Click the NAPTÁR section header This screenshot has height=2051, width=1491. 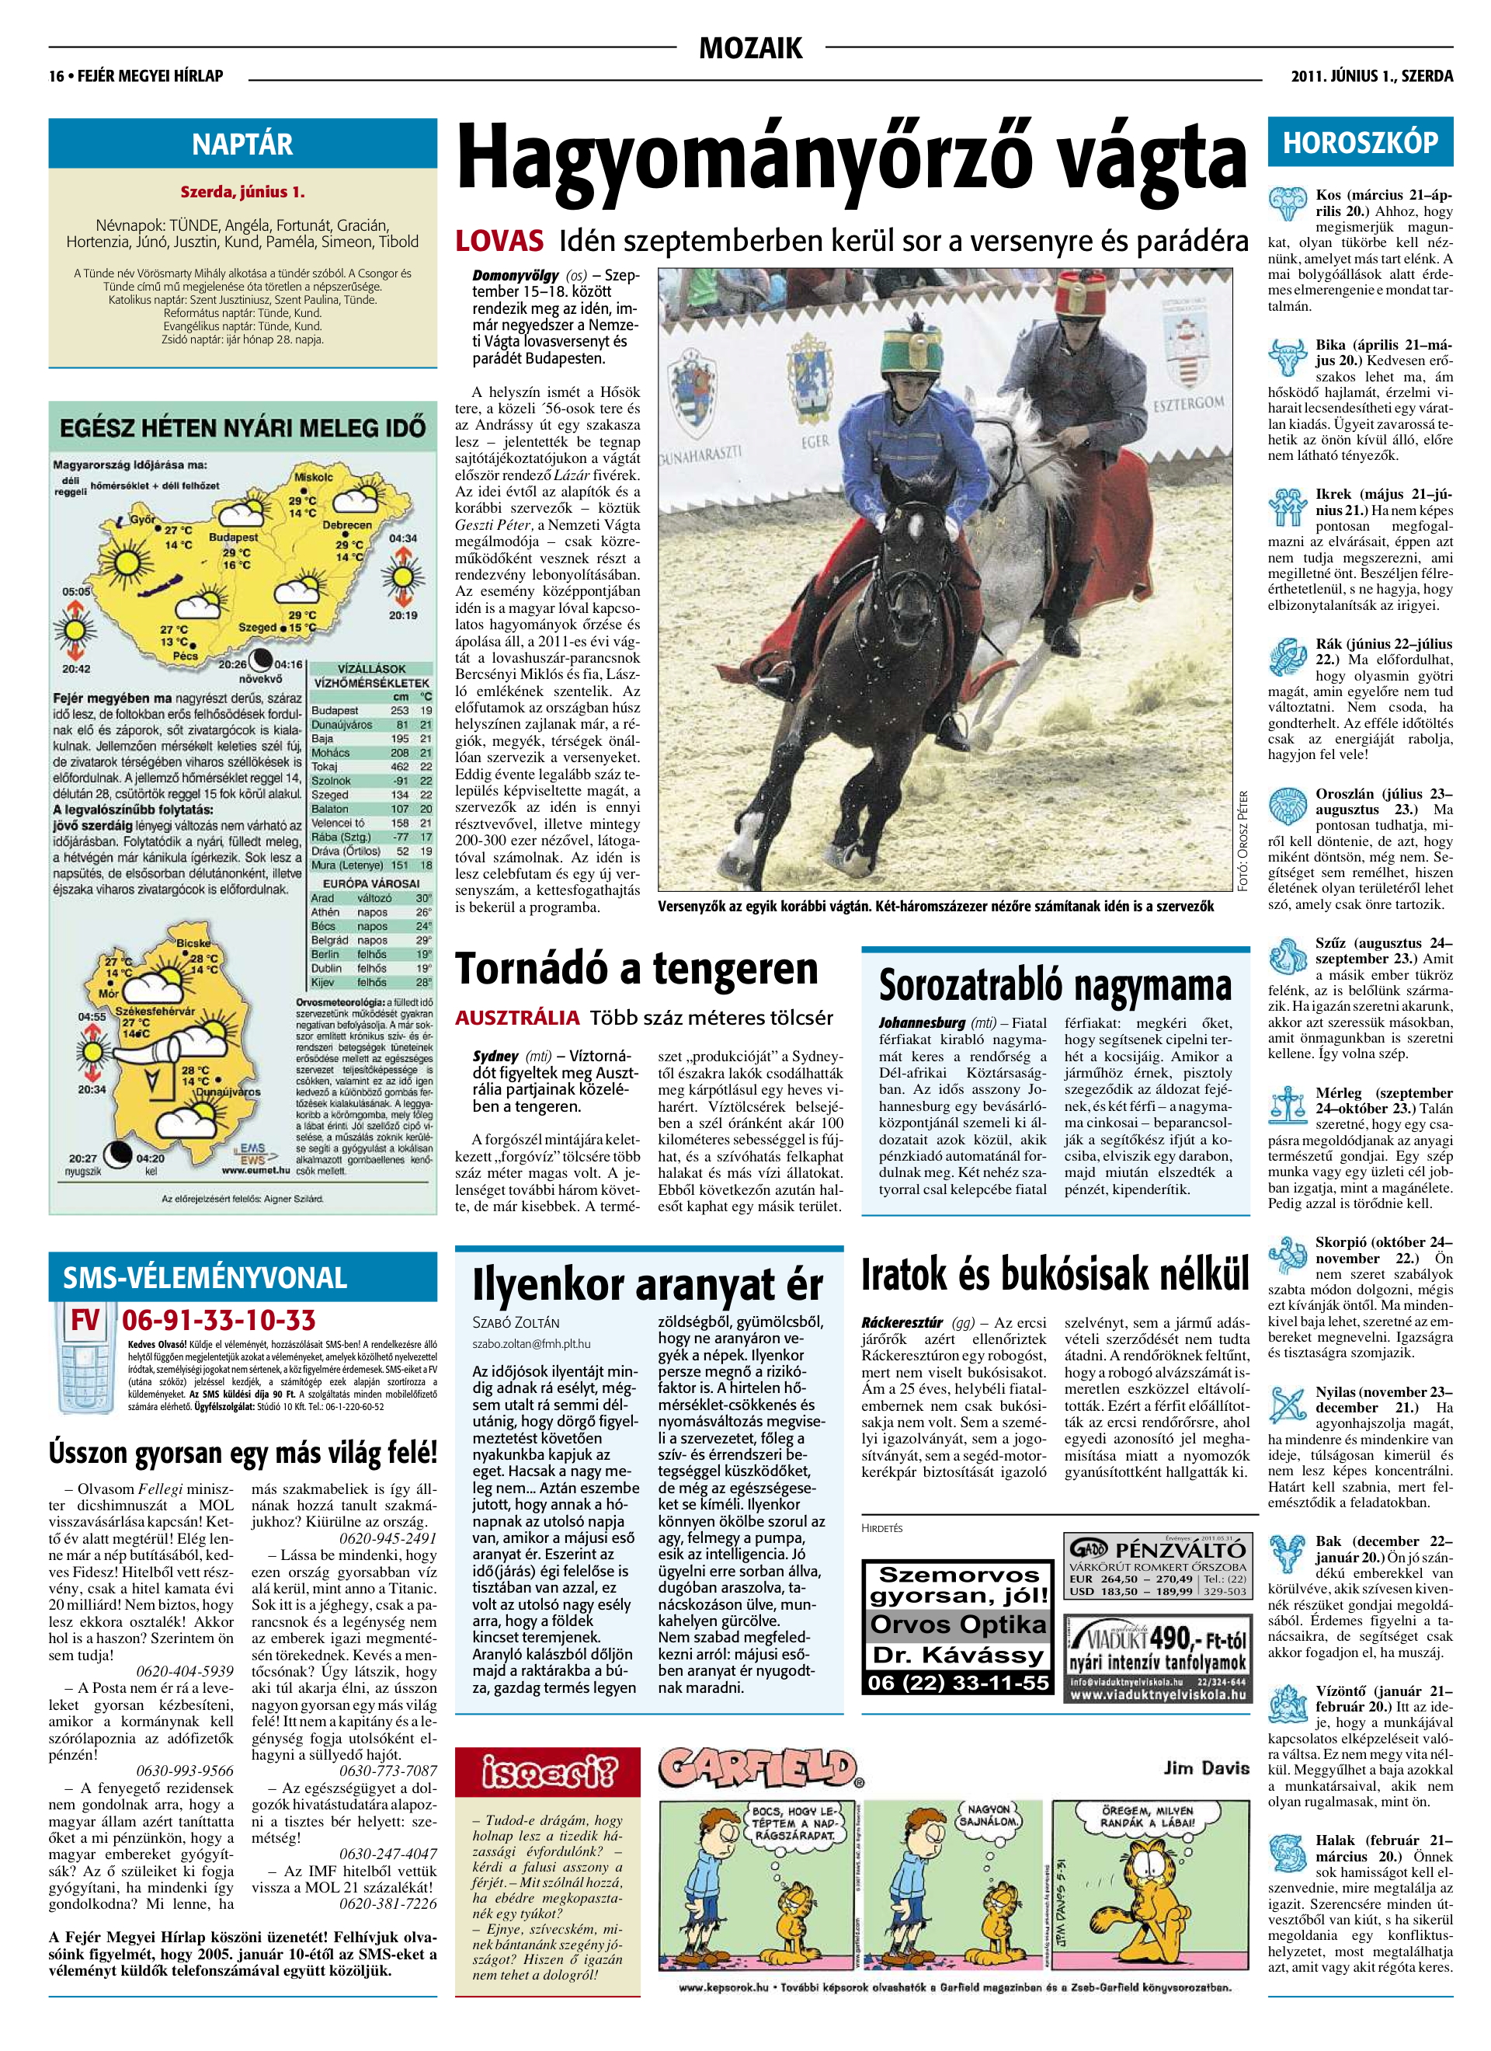242,145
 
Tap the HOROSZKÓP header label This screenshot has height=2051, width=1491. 1360,143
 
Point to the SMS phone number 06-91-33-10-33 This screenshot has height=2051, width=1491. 218,1319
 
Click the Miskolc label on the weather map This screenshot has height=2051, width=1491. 313,476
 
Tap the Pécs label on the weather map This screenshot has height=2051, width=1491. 185,656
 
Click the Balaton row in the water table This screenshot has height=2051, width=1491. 370,809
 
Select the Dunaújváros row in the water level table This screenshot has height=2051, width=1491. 370,724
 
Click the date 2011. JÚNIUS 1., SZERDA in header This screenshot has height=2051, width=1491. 1371,77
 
